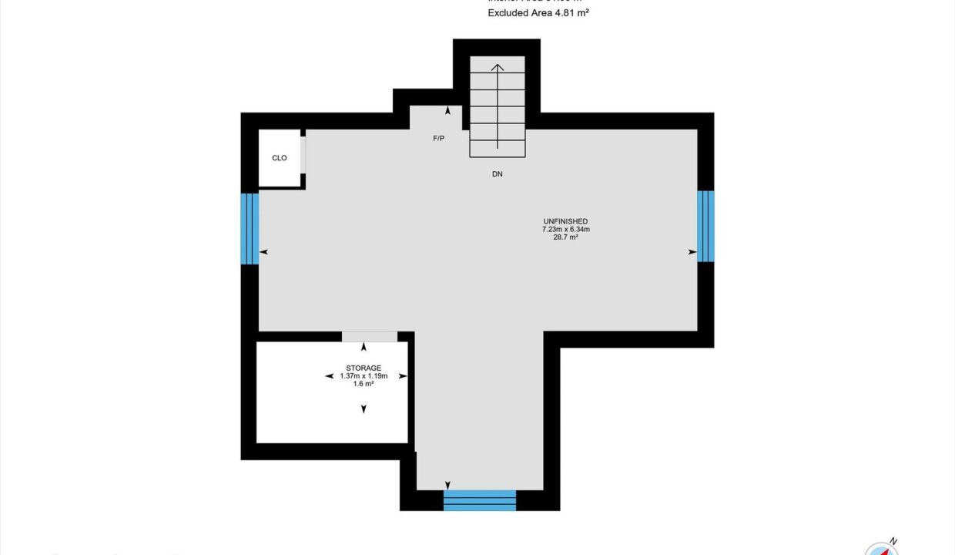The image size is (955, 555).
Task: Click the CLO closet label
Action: tap(280, 158)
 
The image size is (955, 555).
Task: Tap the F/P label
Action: tap(438, 139)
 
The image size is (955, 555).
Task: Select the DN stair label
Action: tap(498, 174)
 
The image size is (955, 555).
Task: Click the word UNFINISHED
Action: tap(566, 221)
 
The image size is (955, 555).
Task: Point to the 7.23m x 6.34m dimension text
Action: tap(566, 229)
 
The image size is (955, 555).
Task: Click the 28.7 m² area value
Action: tap(566, 237)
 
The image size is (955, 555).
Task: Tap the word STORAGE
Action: tap(364, 368)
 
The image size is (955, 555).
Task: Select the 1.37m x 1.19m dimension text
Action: tap(364, 376)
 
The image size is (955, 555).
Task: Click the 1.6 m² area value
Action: tap(364, 384)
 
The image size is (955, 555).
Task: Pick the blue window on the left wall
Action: tap(250, 228)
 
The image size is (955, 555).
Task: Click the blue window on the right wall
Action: tap(705, 226)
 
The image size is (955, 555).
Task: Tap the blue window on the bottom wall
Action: tap(480, 499)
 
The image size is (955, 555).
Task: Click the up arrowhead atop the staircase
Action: tap(498, 68)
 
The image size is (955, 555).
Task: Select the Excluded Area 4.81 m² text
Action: tap(538, 13)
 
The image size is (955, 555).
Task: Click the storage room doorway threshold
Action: tap(370, 337)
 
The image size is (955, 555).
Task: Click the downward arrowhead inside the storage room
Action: tap(364, 409)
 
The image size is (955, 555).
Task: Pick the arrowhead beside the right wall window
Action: tap(692, 252)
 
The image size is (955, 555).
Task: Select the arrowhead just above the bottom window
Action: tap(448, 484)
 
